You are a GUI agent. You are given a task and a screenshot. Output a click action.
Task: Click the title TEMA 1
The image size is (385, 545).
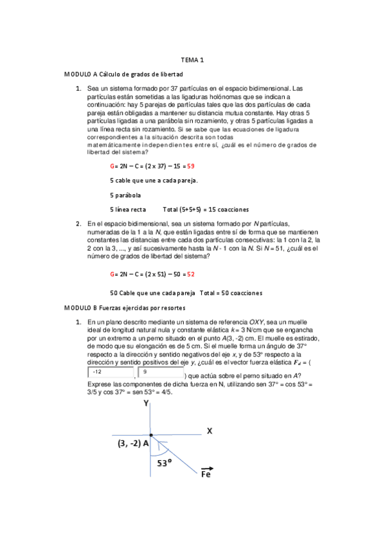[x=192, y=60]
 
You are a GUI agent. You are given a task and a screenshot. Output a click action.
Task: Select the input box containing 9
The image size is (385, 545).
[x=160, y=372]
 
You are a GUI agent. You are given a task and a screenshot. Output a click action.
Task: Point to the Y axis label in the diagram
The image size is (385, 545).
[x=147, y=404]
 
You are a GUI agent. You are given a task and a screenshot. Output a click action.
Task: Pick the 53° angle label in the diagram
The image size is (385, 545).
[x=165, y=462]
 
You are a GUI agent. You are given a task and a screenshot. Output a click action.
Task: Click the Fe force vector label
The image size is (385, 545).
[x=207, y=473]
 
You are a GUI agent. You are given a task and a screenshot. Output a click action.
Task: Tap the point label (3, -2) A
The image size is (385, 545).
[x=133, y=444]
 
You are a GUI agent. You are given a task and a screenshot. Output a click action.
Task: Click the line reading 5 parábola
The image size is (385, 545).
[x=126, y=195]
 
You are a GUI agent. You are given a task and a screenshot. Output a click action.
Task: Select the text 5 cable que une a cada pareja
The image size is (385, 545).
[x=154, y=180]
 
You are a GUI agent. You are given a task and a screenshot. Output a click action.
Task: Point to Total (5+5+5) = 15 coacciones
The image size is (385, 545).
[x=206, y=210]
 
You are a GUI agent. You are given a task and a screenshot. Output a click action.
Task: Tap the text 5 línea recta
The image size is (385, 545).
[x=128, y=210]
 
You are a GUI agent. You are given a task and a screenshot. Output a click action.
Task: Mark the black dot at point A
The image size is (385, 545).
[x=151, y=435]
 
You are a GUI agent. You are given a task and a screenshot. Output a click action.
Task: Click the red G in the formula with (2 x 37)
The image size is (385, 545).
[x=112, y=166]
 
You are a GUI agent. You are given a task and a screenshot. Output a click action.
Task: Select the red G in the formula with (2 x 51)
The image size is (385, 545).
[x=112, y=274]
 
